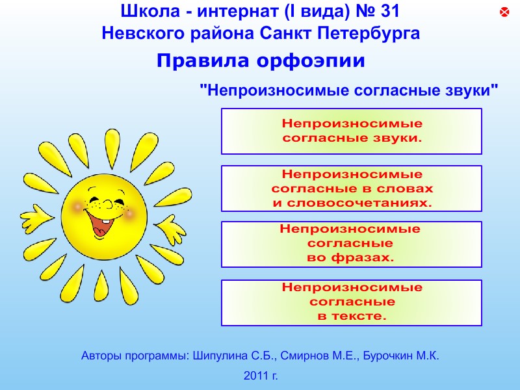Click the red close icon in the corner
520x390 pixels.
coord(504,12)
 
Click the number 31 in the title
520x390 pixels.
coord(391,11)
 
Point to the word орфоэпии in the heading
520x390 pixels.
coord(311,61)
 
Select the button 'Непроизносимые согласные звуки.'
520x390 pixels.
coord(351,131)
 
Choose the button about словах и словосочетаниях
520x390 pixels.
coord(351,188)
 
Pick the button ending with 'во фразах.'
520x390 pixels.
coord(351,244)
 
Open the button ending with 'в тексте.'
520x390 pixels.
coord(351,303)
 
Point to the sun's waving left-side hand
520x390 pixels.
coord(36,218)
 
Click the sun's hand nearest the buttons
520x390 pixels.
coord(170,229)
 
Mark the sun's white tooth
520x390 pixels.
coord(105,221)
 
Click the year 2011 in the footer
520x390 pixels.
coord(256,376)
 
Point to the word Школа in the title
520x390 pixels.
coord(150,11)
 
